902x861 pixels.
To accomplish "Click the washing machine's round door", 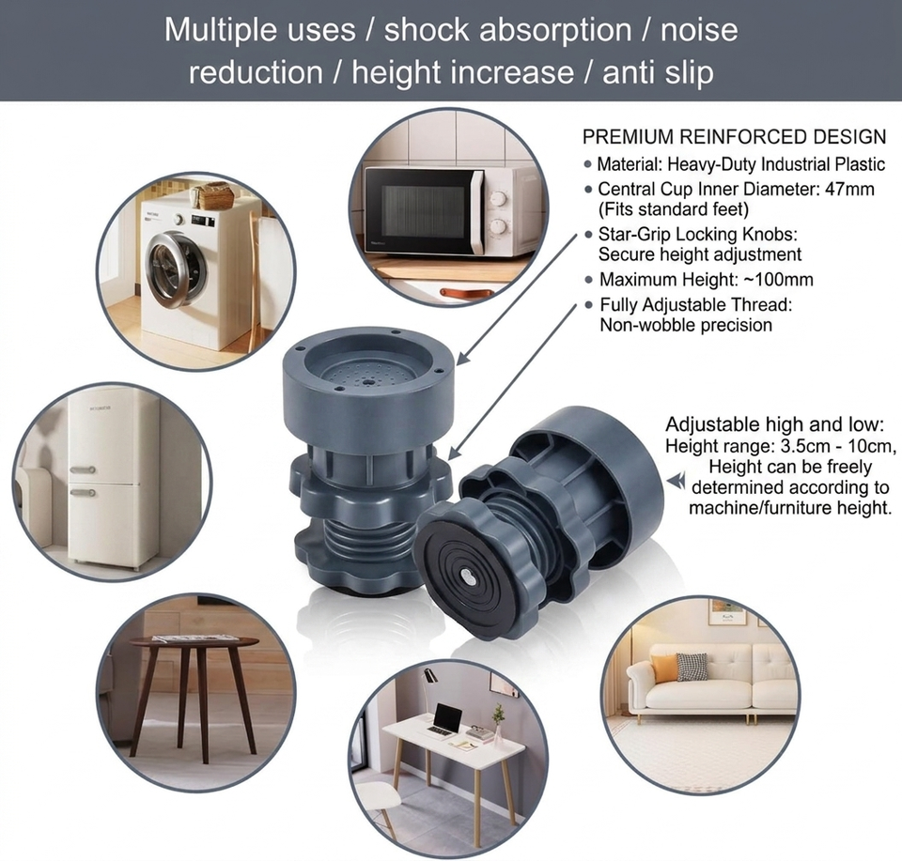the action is pyautogui.click(x=176, y=269).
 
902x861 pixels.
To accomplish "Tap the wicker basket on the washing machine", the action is pyautogui.click(x=214, y=196).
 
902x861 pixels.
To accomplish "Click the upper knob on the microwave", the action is pyautogui.click(x=498, y=199).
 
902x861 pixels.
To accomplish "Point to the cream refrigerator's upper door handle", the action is pyautogui.click(x=83, y=469).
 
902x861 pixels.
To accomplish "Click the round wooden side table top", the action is pyautogui.click(x=194, y=641).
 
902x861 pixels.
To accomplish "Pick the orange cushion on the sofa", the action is pyautogui.click(x=665, y=669).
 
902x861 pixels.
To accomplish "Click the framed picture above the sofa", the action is pyautogui.click(x=727, y=612).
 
